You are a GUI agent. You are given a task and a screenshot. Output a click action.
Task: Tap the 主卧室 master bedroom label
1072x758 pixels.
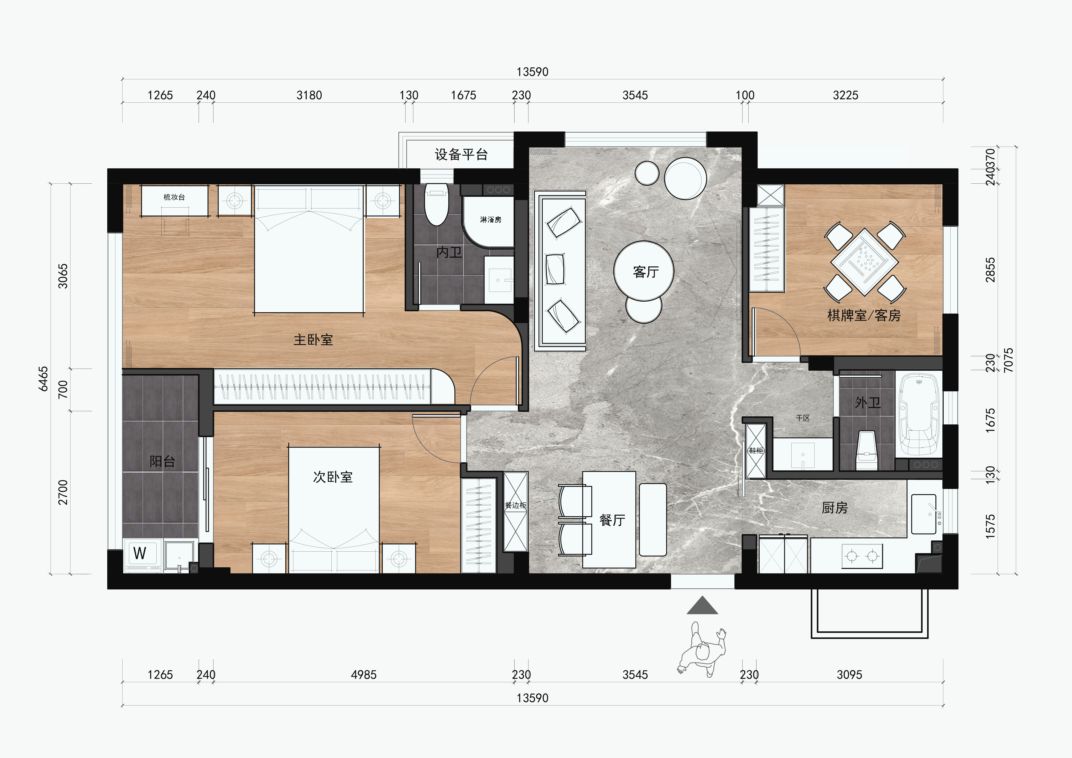click(x=313, y=339)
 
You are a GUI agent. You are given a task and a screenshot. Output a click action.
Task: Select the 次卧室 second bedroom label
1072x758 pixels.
click(x=333, y=477)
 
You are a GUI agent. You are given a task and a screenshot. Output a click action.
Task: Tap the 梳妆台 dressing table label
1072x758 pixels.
click(x=174, y=197)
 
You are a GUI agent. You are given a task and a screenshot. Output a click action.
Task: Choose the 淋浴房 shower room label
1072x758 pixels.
click(x=491, y=220)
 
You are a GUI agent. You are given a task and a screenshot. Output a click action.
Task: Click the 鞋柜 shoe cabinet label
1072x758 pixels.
click(x=756, y=451)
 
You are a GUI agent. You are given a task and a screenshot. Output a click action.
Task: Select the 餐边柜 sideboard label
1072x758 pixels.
click(x=515, y=505)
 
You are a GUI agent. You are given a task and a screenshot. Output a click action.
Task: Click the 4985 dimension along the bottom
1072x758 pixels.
click(x=364, y=675)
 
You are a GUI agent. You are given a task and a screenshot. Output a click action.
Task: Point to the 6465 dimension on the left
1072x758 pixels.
click(x=43, y=379)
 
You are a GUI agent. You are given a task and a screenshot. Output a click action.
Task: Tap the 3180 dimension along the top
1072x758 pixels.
click(x=309, y=95)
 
